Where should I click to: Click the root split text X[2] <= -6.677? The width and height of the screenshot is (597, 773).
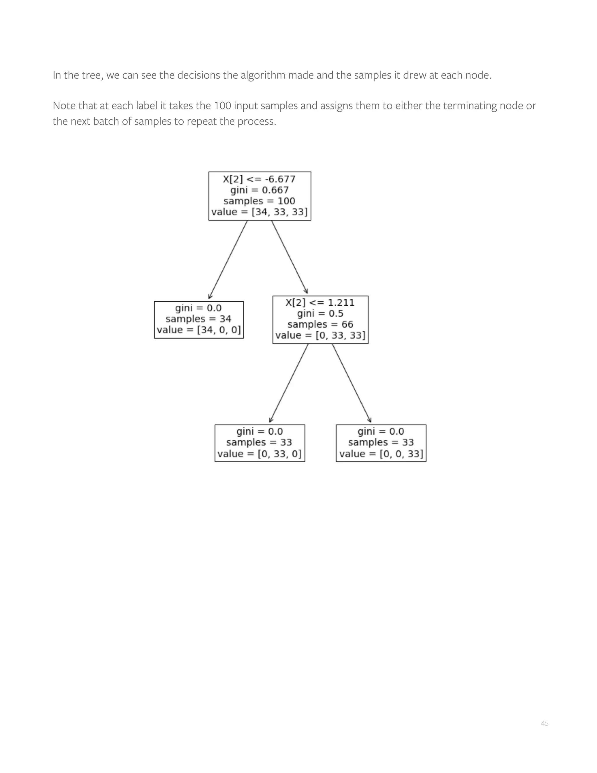pos(259,179)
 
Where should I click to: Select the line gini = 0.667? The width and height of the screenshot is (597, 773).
pos(259,190)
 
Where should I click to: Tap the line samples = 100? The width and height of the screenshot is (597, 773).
pos(259,201)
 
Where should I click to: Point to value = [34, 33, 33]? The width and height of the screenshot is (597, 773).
pos(259,212)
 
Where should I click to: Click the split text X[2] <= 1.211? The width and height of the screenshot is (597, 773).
pos(320,302)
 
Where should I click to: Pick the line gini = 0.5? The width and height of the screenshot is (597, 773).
pos(320,314)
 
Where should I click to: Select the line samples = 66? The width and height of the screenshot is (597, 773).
pos(320,325)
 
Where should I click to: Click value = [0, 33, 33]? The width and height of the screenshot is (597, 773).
pos(320,335)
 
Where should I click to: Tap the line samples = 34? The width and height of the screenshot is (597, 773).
pos(199,319)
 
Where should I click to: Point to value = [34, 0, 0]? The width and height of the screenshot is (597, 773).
pos(199,330)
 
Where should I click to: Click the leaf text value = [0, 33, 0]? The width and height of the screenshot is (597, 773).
pos(260,454)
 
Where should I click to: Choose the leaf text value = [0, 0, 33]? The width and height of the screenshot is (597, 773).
pos(381,454)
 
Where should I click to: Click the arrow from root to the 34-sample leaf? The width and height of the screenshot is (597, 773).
pos(228,259)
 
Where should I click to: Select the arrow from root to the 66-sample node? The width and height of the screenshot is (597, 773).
pos(289,257)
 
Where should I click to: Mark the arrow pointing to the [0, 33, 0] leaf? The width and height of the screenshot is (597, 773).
pos(289,383)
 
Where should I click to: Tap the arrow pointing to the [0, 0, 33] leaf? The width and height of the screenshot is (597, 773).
pos(352,383)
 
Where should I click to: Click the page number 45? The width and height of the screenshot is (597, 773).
pos(544,723)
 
